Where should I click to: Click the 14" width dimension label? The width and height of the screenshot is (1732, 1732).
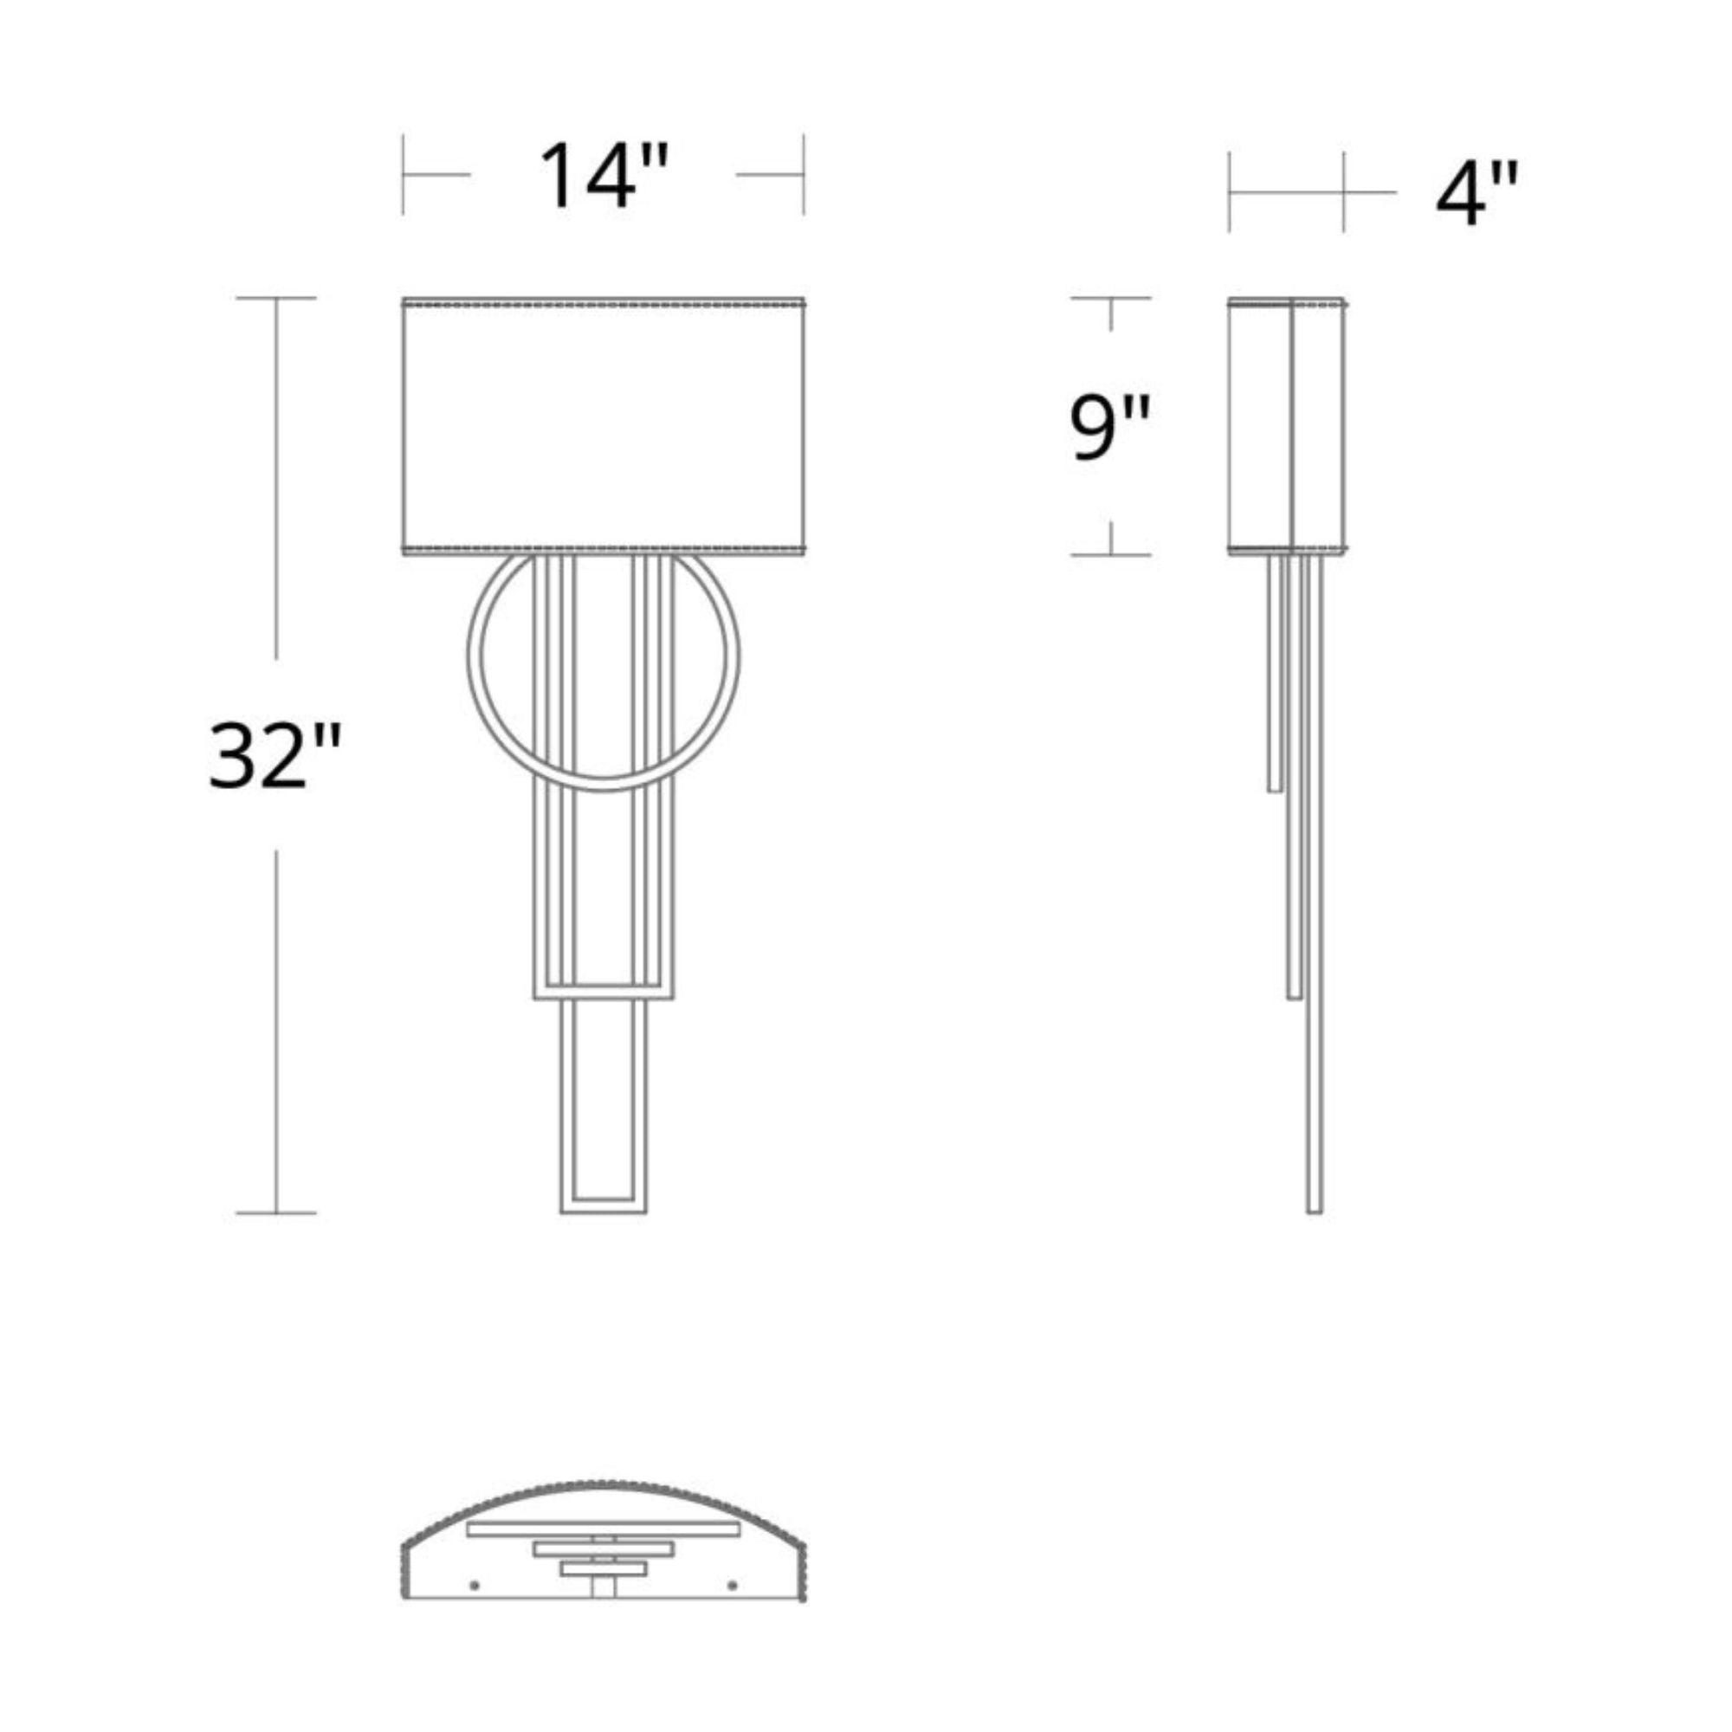coord(604,175)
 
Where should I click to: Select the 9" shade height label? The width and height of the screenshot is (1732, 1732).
coord(1110,428)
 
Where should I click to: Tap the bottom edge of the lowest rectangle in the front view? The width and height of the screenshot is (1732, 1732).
coord(604,1212)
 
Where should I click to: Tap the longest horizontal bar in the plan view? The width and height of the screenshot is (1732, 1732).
coord(603,1528)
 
